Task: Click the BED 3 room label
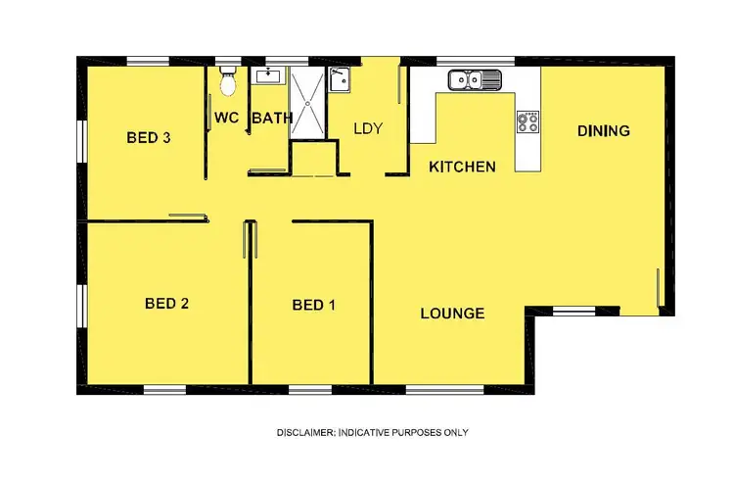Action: [x=149, y=138]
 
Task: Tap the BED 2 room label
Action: [x=166, y=304]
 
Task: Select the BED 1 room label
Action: [x=313, y=306]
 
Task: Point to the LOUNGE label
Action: [x=452, y=314]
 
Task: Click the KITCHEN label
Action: [x=462, y=167]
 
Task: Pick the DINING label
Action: [x=603, y=130]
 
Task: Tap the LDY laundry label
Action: [x=367, y=128]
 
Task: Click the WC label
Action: [x=227, y=119]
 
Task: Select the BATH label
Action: [x=272, y=119]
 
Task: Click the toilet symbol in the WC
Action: [x=228, y=82]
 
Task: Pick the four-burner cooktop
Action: [x=528, y=121]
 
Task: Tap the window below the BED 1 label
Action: [x=309, y=390]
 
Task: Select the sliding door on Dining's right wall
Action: [x=659, y=289]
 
